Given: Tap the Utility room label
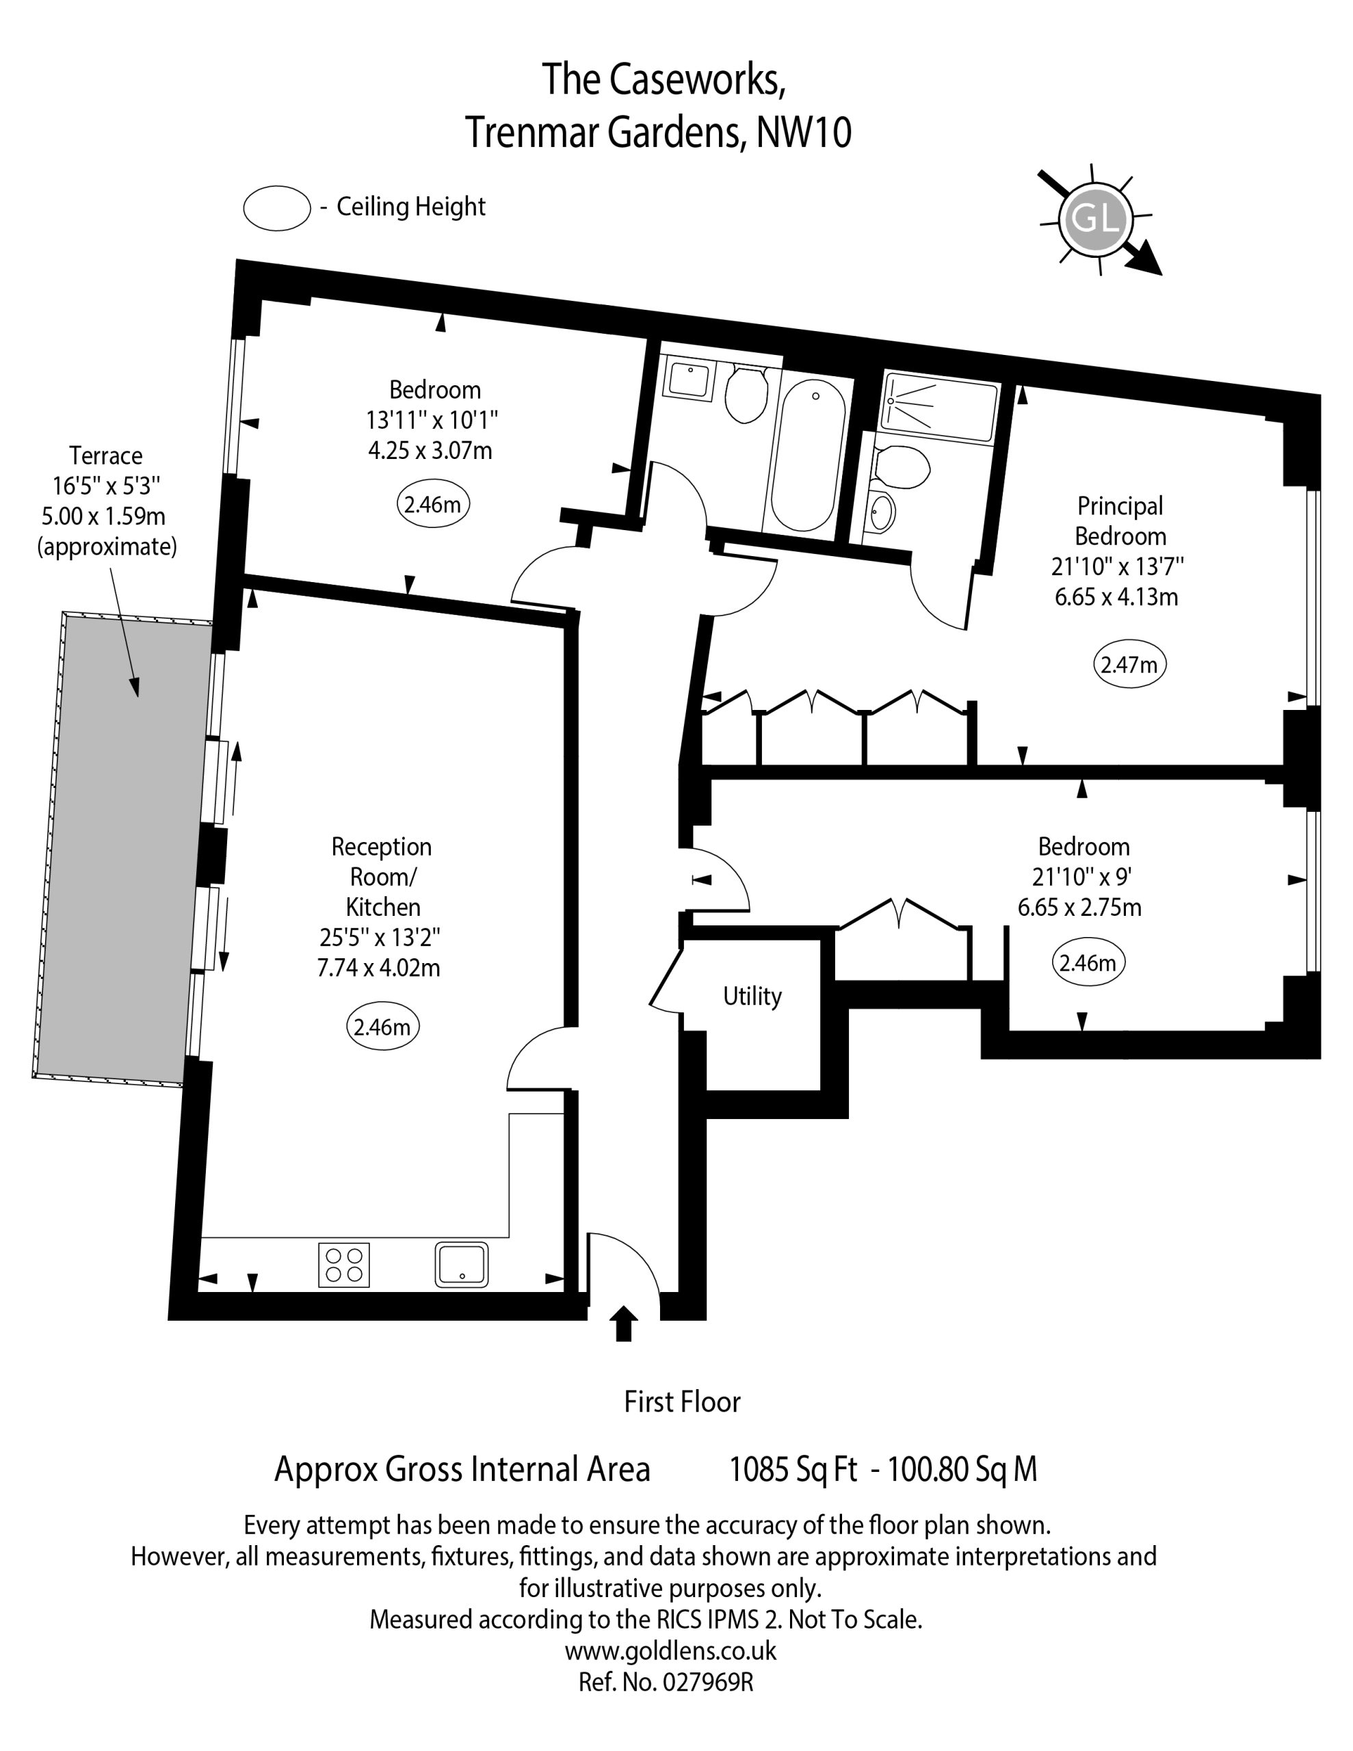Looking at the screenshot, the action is (x=752, y=996).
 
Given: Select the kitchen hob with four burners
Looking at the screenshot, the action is (x=344, y=1264).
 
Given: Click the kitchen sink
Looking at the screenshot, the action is (x=462, y=1264).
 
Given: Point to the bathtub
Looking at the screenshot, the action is (x=807, y=456).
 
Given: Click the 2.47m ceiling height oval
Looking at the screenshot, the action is (x=1129, y=664).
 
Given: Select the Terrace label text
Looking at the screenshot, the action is (x=106, y=456).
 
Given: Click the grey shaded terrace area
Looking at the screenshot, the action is (x=122, y=849).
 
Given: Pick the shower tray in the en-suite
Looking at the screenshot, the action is (x=939, y=408).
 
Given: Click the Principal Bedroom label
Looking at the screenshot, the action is (x=1120, y=521).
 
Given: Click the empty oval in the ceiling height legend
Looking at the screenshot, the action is (x=277, y=208).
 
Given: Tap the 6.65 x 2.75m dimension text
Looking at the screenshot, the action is (x=1079, y=908).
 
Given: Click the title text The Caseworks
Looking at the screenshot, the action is (x=664, y=79).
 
